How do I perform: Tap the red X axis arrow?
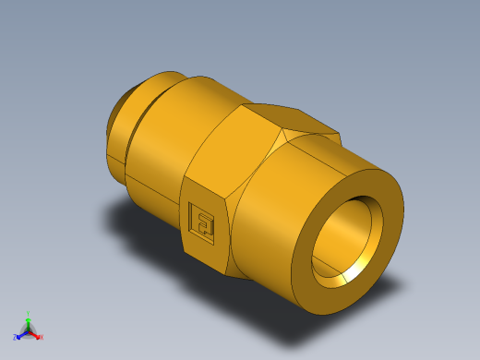(x=36, y=335)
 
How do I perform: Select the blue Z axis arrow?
(x=20, y=333)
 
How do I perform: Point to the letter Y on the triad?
(x=28, y=312)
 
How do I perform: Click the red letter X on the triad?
(x=42, y=338)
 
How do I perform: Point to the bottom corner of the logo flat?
(x=226, y=274)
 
